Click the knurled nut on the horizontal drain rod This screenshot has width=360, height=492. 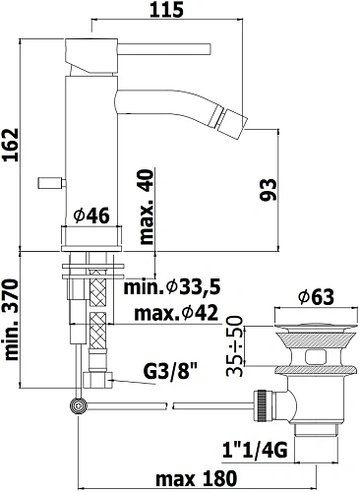(264, 403)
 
